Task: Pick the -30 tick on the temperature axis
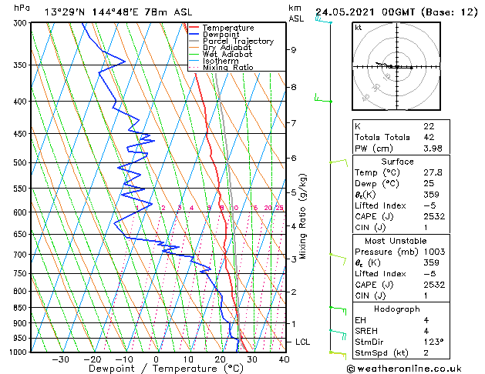point(60,359)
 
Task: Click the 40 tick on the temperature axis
point(284,359)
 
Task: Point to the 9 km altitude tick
point(294,50)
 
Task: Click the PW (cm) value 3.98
point(433,149)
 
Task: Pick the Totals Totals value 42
point(429,138)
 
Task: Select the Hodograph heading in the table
point(397,309)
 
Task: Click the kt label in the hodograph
point(359,28)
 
